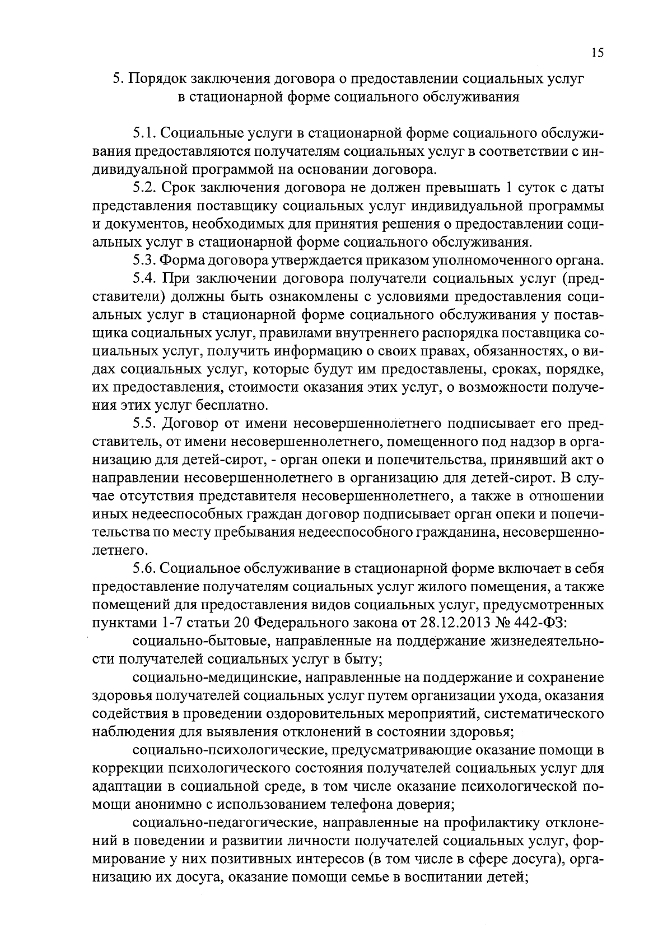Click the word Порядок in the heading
point(158,80)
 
